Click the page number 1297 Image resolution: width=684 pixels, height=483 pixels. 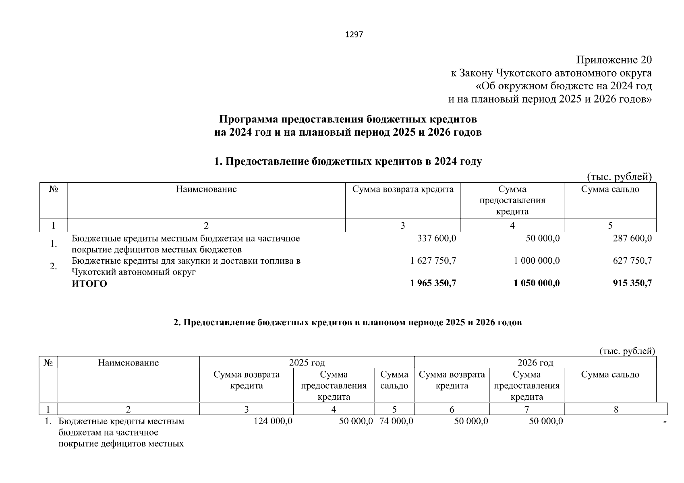pos(354,35)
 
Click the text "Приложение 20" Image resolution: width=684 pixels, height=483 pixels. pos(614,60)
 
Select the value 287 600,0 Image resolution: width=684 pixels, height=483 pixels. pos(632,238)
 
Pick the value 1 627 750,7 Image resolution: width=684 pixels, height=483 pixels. pos(433,261)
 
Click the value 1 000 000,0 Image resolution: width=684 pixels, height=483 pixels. pos(537,261)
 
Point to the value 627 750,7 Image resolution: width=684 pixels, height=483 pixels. pos(632,261)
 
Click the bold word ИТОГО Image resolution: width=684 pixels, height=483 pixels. pos(89,284)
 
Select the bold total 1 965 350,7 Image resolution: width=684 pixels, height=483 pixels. pos(433,283)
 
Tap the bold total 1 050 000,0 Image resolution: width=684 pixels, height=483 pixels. pos(537,283)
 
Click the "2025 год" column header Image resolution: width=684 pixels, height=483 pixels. pos(307,363)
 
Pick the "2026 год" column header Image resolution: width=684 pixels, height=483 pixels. pos(535,363)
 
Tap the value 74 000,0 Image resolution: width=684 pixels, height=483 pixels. pos(396,421)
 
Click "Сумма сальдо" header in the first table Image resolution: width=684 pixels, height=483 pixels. pos(610,190)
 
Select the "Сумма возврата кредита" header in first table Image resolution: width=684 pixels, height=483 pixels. pos(403,190)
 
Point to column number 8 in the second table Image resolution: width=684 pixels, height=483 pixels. pos(616,410)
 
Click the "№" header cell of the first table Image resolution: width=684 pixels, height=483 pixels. pos(53,190)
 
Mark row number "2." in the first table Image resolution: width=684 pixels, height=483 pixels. pos(53,266)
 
